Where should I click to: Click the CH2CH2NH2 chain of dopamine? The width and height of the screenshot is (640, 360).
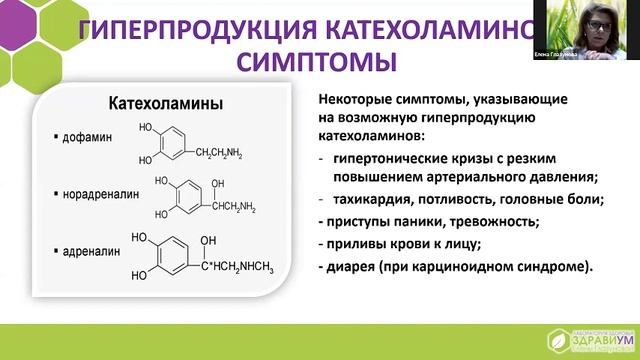click(x=226, y=152)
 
